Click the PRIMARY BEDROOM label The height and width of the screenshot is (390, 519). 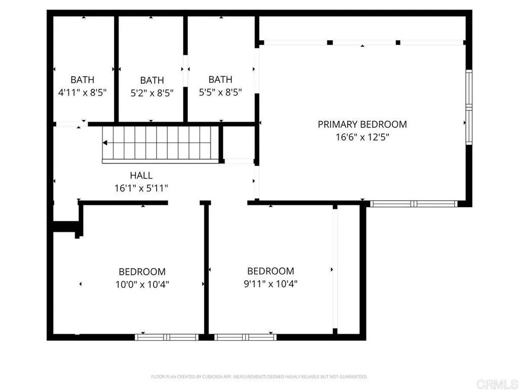[362, 124]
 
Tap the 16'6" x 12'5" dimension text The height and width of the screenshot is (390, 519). [362, 137]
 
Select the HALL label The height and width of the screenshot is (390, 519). [141, 176]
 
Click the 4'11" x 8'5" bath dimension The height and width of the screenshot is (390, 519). [82, 93]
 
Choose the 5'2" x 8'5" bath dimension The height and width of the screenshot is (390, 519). [152, 93]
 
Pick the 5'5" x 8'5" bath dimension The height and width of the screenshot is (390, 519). [220, 92]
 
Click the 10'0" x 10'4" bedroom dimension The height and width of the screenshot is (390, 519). [142, 284]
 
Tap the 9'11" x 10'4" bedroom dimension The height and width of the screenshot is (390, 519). [270, 284]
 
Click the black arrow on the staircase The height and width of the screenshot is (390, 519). [105, 143]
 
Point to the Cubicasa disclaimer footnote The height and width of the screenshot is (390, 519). [259, 377]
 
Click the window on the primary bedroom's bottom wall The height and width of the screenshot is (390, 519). [414, 204]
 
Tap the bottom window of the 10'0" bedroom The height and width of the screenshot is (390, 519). [167, 337]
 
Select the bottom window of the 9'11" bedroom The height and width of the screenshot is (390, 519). [245, 337]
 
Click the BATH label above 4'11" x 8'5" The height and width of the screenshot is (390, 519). [82, 80]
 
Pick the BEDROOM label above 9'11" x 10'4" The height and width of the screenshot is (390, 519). [270, 271]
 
